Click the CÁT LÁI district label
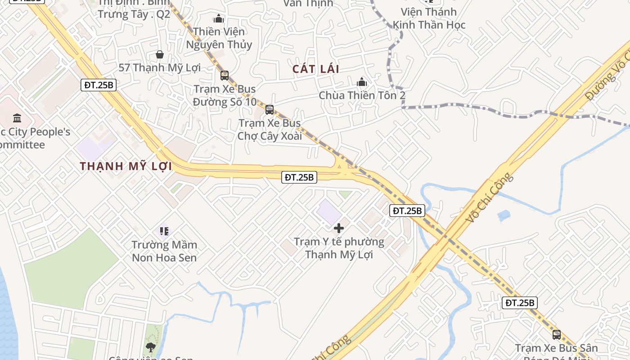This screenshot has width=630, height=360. coord(316,69)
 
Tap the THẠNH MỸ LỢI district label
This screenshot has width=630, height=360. coord(126,166)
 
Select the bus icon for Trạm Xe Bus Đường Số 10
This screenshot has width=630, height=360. coord(225,76)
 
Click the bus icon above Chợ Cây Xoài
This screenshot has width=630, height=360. coord(270,109)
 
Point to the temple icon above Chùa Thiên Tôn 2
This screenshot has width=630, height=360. coord(362,82)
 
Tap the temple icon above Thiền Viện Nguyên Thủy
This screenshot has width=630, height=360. coord(219,18)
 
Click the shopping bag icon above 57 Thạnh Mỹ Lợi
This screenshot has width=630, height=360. coord(159,54)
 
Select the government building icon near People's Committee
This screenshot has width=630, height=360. coord(17,118)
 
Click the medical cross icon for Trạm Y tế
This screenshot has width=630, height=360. coord(339,228)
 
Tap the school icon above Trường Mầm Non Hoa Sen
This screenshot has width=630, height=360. coord(164,231)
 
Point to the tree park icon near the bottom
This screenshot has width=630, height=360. coord(151,347)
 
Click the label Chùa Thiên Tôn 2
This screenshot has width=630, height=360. coord(362,95)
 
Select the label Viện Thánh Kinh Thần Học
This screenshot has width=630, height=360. coord(429,18)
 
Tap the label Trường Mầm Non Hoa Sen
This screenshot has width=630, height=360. coord(164,251)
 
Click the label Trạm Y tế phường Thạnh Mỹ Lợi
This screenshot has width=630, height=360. coord(339,248)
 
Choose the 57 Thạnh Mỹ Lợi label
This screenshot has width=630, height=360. coord(159,67)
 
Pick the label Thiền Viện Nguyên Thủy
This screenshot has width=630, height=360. coord(219,38)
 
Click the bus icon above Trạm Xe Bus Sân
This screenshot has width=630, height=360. coord(557,334)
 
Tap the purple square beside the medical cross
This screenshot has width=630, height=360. coord(329,211)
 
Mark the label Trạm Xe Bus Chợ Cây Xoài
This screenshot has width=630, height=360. coord(270,129)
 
